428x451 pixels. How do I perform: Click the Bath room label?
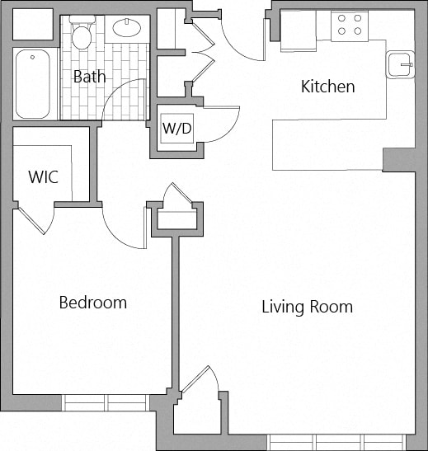pyautogui.click(x=89, y=77)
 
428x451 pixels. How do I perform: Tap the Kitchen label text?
pyautogui.click(x=327, y=87)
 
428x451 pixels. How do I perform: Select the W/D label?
pyautogui.click(x=176, y=129)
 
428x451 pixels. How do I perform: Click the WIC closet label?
pyautogui.click(x=43, y=177)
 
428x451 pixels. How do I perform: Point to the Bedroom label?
pyautogui.click(x=92, y=303)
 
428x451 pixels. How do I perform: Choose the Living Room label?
pyautogui.click(x=307, y=308)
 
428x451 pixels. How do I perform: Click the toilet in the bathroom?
pyautogui.click(x=82, y=34)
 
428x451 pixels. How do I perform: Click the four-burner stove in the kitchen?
pyautogui.click(x=349, y=26)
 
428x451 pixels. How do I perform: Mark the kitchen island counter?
pyautogui.click(x=327, y=144)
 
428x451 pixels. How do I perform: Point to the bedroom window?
pyautogui.click(x=106, y=402)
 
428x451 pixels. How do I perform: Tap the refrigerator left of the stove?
pyautogui.click(x=298, y=31)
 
